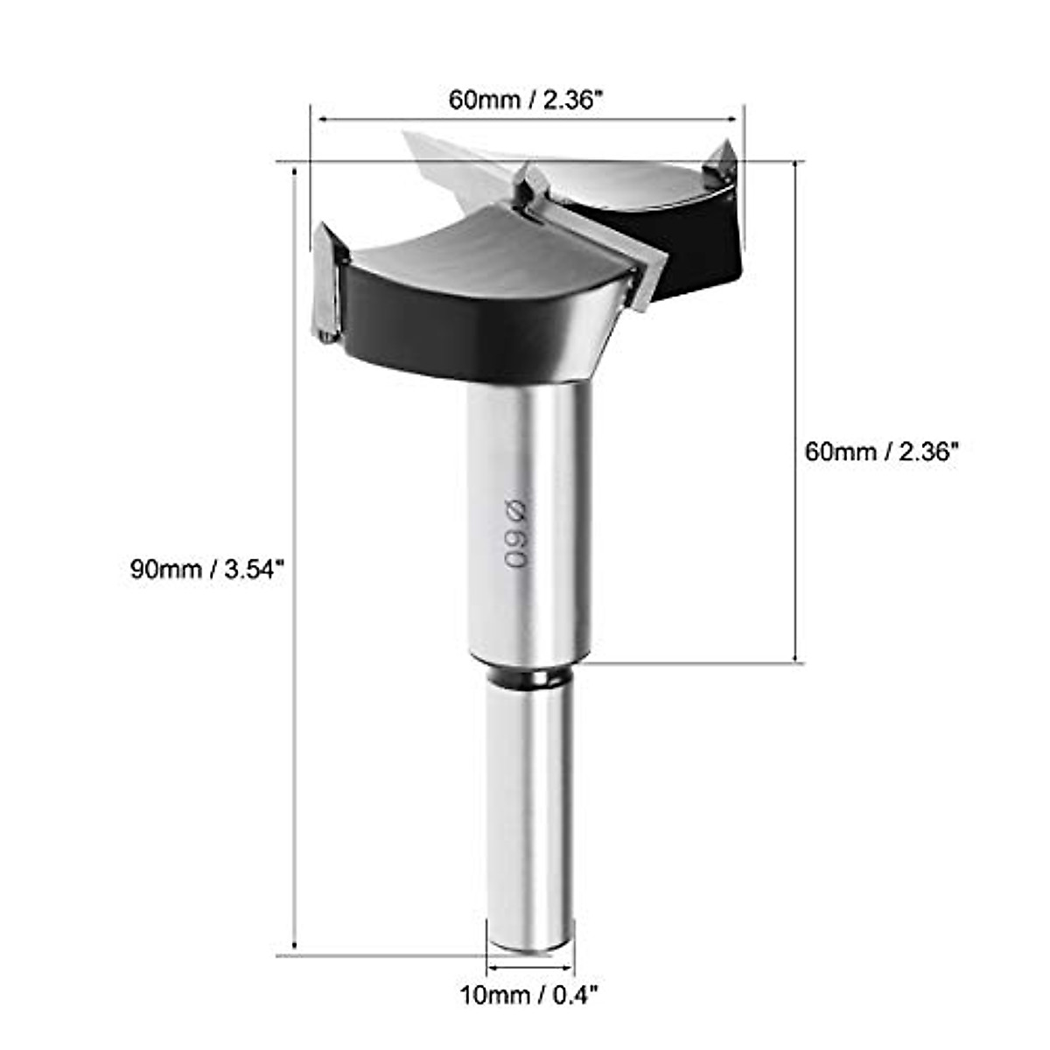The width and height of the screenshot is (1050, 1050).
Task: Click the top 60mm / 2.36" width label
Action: point(527,99)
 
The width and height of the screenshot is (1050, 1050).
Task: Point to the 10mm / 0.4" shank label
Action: point(528,995)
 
